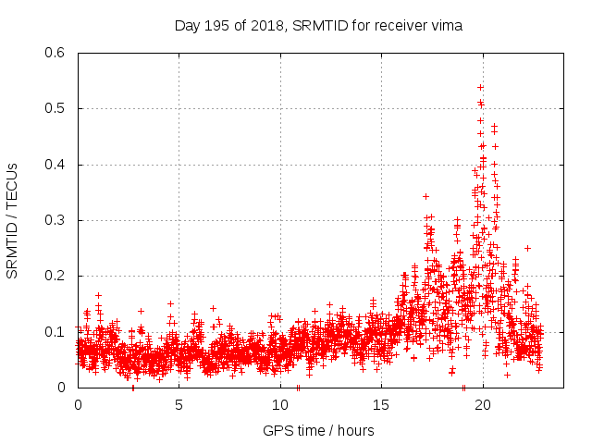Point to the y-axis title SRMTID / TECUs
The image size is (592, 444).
pos(12,220)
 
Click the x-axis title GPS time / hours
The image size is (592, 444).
pos(318,430)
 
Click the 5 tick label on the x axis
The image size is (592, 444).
pos(179,405)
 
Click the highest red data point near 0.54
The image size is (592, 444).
pos(480,87)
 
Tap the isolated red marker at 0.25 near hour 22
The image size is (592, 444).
pos(527,248)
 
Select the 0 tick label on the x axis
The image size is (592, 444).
pos(78,405)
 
